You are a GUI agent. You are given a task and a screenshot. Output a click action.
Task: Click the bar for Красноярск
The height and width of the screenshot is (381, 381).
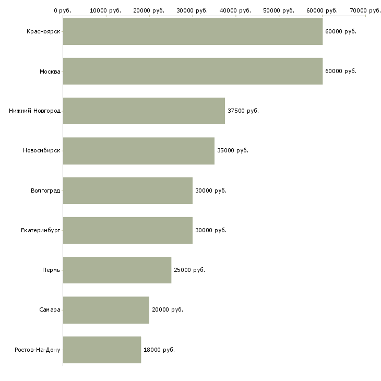(x=193, y=31)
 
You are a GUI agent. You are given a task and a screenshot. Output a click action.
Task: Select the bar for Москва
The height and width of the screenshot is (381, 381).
(x=193, y=71)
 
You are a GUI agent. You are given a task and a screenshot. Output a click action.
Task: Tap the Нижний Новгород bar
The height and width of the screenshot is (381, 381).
(x=144, y=111)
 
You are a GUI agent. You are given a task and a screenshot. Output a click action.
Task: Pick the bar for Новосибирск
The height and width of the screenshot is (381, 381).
(x=138, y=151)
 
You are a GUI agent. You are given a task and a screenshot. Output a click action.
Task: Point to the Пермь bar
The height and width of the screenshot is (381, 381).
(x=117, y=270)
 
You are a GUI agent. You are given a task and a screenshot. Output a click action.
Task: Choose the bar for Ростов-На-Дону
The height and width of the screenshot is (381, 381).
(x=102, y=350)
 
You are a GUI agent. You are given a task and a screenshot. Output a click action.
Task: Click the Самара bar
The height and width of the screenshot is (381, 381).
(x=106, y=310)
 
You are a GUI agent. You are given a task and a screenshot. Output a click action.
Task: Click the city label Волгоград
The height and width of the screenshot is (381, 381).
(x=45, y=190)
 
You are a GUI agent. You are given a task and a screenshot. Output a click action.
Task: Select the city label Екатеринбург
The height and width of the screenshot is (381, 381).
(x=40, y=230)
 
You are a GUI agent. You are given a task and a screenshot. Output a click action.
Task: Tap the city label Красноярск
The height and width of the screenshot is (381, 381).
(x=43, y=32)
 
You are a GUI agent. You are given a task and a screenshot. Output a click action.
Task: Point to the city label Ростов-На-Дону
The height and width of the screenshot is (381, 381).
(x=38, y=350)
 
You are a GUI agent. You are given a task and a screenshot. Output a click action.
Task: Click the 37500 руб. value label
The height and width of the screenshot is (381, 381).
(x=243, y=111)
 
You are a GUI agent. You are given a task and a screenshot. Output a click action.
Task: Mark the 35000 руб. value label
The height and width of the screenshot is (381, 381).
(x=233, y=151)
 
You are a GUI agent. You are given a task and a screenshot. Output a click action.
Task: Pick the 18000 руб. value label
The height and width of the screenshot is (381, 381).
(x=159, y=350)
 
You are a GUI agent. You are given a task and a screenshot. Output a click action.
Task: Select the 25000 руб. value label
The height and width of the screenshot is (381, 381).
(x=189, y=270)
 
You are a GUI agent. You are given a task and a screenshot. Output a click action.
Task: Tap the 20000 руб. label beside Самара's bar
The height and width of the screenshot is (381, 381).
(x=168, y=310)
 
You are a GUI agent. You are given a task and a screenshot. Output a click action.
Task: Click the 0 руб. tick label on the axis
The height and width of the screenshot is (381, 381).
(x=63, y=10)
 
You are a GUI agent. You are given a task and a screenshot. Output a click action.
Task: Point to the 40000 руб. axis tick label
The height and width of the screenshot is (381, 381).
(x=235, y=10)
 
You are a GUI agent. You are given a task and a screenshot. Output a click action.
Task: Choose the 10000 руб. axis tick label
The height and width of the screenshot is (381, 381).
(x=105, y=10)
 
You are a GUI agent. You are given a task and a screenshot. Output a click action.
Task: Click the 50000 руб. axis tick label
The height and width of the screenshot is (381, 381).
(x=279, y=10)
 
